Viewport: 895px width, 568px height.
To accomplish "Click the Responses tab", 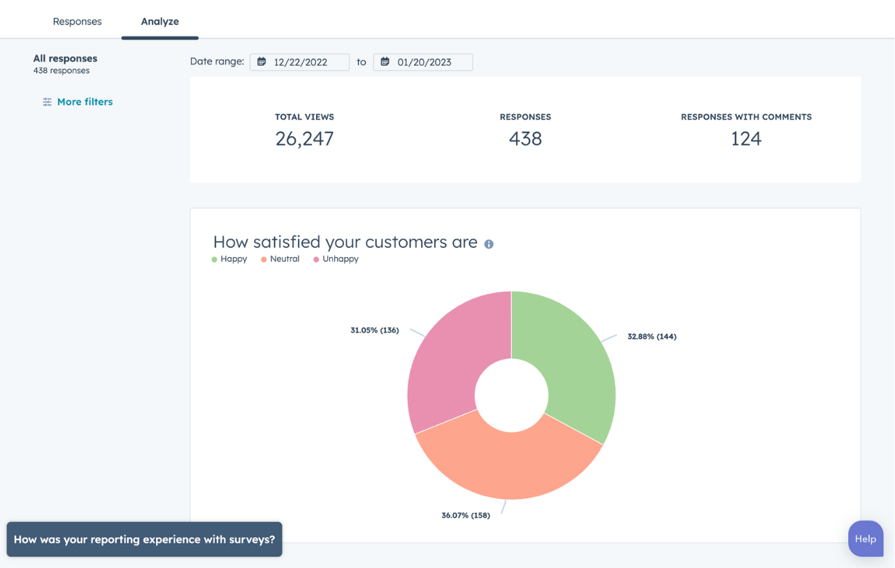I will tap(77, 22).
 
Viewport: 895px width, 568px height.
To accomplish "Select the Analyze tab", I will tap(159, 22).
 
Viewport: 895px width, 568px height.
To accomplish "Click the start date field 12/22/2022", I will tap(300, 62).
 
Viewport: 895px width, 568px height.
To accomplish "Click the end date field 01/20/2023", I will tap(423, 62).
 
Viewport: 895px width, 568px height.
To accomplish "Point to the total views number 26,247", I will tap(304, 138).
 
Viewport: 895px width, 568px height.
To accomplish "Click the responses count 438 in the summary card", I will tap(525, 138).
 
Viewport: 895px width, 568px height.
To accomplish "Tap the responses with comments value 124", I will tap(746, 138).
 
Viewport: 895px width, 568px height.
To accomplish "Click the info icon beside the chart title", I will tap(489, 245).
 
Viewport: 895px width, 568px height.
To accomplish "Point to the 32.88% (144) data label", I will tap(652, 337).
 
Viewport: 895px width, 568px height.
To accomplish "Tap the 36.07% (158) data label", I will tap(466, 516).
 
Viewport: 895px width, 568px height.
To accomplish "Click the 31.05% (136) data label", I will tap(375, 330).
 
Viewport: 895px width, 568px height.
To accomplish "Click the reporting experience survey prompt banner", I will tap(145, 539).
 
